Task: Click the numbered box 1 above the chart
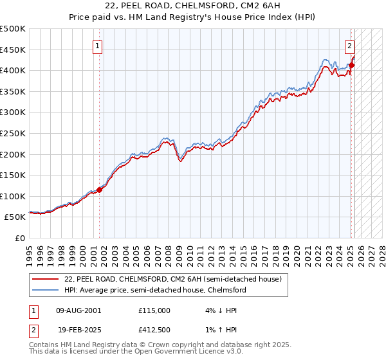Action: [97, 46]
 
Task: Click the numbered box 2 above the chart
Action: [349, 46]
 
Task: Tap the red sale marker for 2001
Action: [100, 190]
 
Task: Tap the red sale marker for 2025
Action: [351, 64]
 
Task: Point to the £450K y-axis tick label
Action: [13, 50]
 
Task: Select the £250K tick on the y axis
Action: [13, 133]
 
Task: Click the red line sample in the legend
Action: [46, 280]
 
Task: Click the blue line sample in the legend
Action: [46, 291]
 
